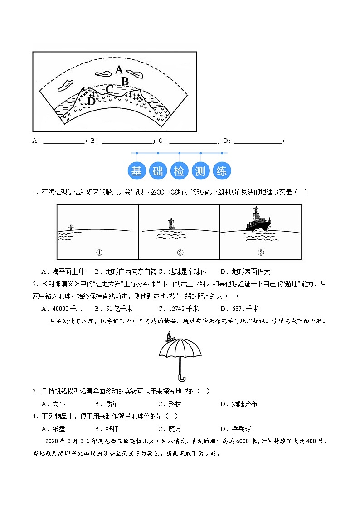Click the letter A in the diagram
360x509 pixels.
coord(119,70)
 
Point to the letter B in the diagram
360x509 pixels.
coord(126,81)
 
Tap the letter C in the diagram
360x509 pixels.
coord(110,89)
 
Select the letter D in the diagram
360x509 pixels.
coord(91,101)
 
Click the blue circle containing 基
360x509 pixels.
coord(136,171)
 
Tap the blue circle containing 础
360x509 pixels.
coord(158,171)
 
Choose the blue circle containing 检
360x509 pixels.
coord(179,171)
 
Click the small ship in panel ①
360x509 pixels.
coord(70,227)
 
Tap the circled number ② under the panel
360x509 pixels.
coord(180,253)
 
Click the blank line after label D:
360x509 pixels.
coord(258,141)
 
